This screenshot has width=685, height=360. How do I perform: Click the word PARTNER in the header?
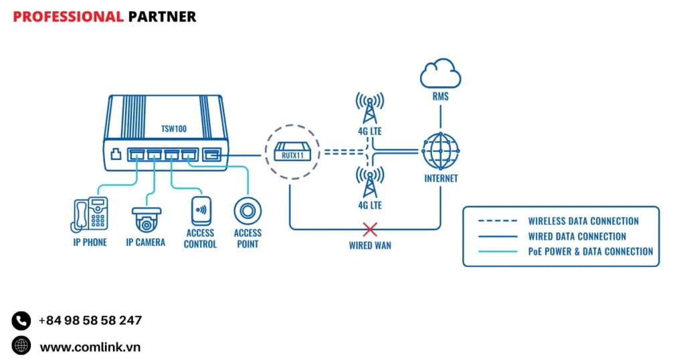pos(162,17)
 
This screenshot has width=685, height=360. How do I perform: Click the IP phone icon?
pos(90,214)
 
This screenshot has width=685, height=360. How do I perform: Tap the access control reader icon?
pos(201,211)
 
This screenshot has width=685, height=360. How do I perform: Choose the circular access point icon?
pos(248,211)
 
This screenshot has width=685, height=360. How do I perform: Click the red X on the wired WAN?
pos(370,230)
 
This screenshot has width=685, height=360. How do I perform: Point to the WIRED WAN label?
pos(370,246)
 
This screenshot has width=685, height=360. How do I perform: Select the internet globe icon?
pos(441,151)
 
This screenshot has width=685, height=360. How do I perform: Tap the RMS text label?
pos(440,97)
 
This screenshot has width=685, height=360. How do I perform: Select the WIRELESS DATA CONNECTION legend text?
pos(583,221)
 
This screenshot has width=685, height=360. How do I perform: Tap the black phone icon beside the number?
pos(21,321)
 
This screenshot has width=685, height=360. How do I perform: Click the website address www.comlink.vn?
pos(90,347)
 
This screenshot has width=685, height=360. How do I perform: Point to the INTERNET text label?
pos(441,179)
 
